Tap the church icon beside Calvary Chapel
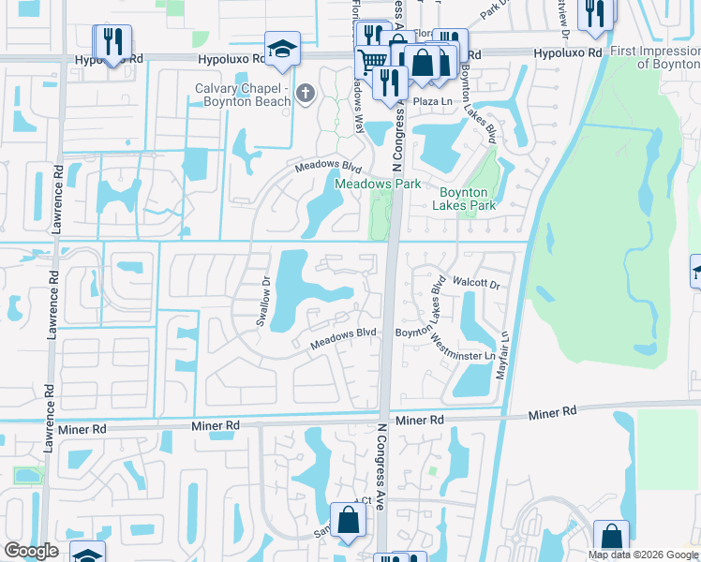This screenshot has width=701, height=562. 305,93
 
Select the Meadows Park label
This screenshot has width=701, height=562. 379,185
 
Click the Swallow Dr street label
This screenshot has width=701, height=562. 264,301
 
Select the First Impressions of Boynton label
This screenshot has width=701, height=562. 654,58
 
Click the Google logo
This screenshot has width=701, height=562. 30,551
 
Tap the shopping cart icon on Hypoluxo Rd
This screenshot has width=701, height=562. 374,58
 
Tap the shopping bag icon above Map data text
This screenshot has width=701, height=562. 611,537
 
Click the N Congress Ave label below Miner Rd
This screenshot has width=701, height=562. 382,459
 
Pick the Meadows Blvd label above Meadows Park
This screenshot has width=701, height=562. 328,166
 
